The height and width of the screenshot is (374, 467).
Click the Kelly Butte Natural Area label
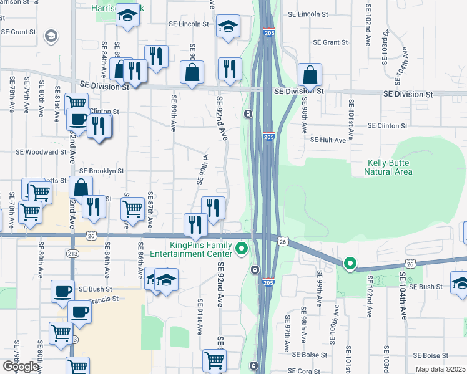tap(390, 167)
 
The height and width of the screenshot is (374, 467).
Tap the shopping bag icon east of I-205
tap(310, 75)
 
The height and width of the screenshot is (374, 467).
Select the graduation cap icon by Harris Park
tap(129, 16)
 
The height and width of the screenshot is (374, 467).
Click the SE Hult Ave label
tap(328, 140)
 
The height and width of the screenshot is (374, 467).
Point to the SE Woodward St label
tap(41, 151)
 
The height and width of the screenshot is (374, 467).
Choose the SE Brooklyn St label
tap(102, 171)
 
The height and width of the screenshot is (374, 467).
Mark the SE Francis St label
tap(94, 300)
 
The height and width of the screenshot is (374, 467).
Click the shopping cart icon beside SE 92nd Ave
tap(214, 360)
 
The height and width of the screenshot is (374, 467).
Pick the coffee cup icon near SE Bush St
tap(62, 291)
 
